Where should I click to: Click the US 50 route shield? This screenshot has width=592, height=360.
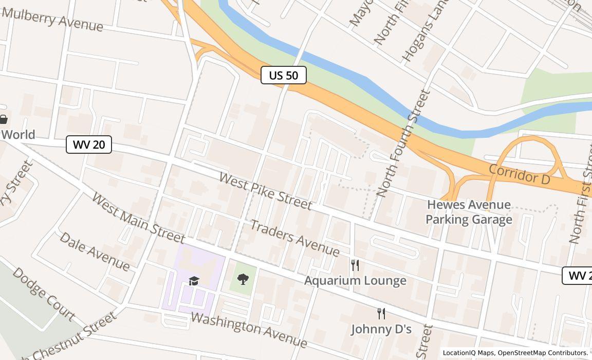pos(284,75)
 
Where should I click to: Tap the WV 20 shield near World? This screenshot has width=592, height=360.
pos(89,145)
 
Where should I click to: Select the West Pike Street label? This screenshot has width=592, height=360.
pos(265,191)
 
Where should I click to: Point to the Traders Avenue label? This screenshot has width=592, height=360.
pos(294,238)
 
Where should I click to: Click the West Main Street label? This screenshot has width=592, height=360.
pos(138,218)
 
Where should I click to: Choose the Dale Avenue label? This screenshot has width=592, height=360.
pos(95,251)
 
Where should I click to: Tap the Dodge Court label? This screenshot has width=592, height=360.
pos(44,294)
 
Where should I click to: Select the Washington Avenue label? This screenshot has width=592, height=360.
pos(249,329)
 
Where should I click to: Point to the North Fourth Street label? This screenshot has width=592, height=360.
pos(403,143)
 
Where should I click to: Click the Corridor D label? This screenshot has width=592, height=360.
pos(520,174)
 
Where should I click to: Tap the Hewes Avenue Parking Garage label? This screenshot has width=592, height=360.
pos(469,212)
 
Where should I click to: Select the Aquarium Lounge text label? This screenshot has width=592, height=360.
pos(355,280)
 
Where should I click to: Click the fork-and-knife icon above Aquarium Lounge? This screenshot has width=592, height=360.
pos(355,265)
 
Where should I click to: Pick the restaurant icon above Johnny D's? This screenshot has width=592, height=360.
pos(381,314)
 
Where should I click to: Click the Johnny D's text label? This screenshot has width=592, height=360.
pos(381,329)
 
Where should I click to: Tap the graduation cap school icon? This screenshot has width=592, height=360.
pos(194,281)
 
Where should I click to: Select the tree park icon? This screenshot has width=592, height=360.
pos(243,279)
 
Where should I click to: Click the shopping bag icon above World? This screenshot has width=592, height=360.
pos(3,120)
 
